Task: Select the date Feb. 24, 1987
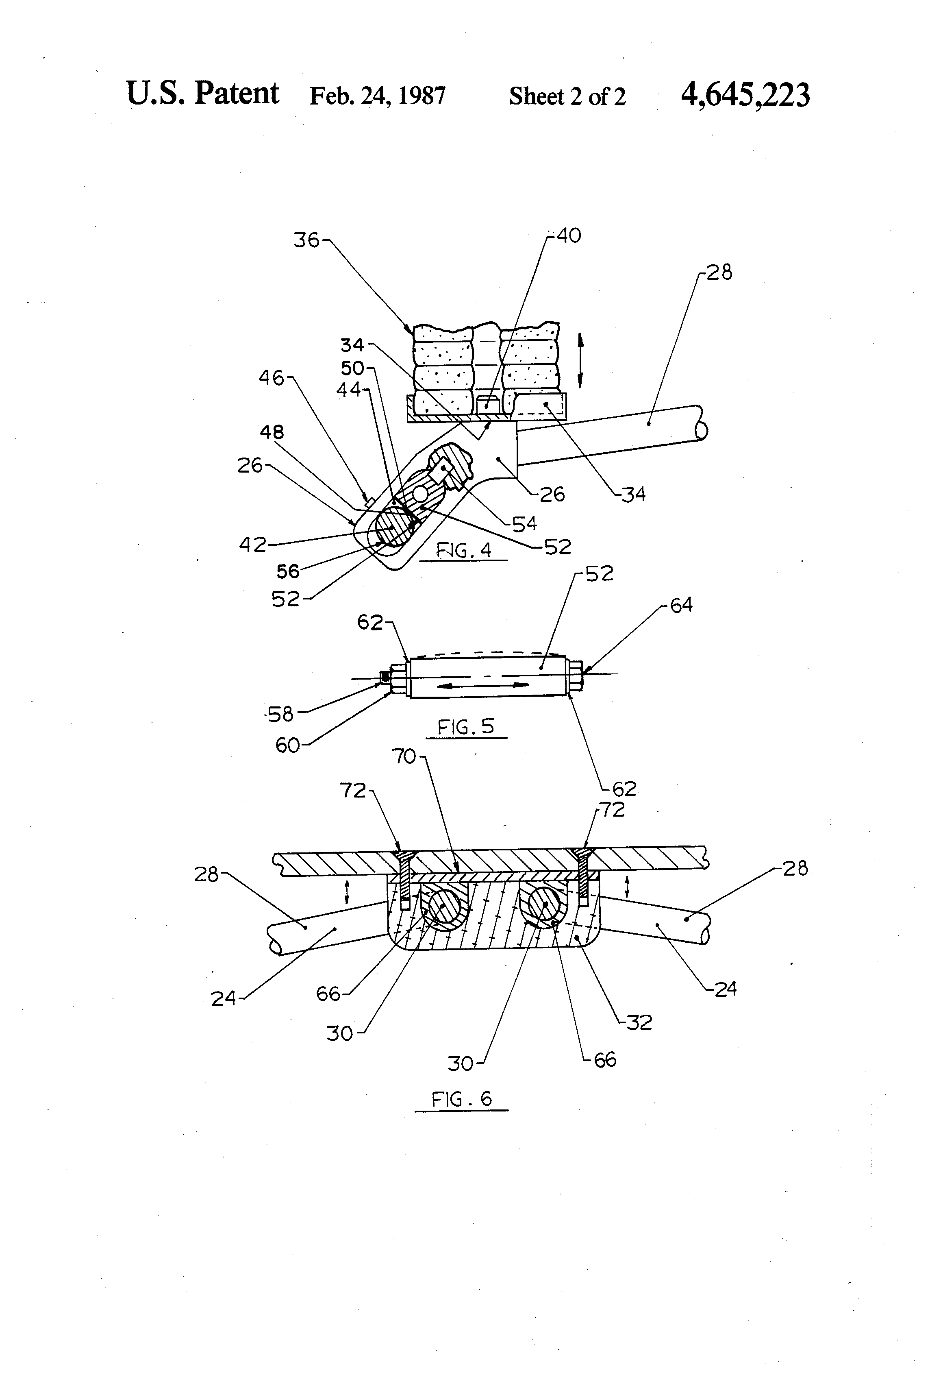[x=377, y=96]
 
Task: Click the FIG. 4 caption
[x=464, y=550]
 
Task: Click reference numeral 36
[x=306, y=240]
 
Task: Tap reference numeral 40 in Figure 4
[x=568, y=236]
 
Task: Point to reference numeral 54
[x=524, y=524]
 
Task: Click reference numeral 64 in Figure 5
[x=681, y=605]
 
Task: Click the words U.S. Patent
[x=203, y=94]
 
